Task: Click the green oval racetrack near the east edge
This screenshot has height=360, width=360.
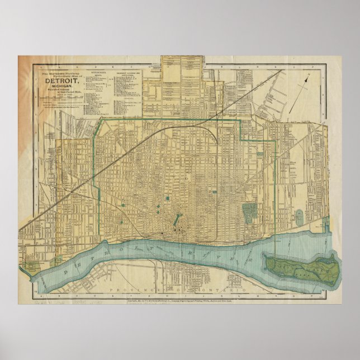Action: (x=299, y=215)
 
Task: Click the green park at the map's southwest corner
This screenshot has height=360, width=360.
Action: (x=55, y=260)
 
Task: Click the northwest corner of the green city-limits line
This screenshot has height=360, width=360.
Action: (x=101, y=119)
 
